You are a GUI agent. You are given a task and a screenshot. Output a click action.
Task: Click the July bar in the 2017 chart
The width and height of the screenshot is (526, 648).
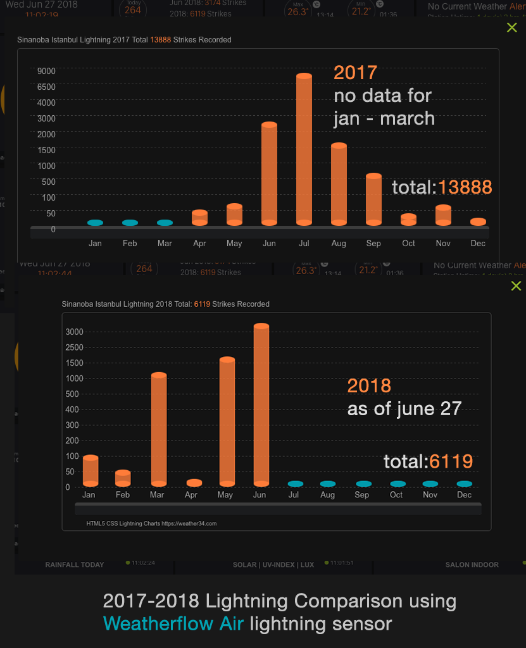click(x=304, y=149)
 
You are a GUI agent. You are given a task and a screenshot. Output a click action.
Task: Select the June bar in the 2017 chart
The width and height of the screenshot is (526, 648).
click(x=270, y=174)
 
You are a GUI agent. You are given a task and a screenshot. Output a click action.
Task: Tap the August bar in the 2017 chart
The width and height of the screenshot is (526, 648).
click(x=339, y=184)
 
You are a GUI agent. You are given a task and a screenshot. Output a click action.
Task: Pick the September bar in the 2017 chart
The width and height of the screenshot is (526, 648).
click(x=373, y=199)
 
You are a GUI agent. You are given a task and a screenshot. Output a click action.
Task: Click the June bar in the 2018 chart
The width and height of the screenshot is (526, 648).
click(x=261, y=405)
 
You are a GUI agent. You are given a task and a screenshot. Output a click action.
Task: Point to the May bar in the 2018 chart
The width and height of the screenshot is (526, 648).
click(x=227, y=421)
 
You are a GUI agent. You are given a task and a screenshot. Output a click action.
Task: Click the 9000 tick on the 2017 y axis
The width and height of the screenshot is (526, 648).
click(x=46, y=71)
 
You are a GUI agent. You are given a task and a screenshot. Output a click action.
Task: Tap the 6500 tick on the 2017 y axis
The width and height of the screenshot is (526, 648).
click(x=46, y=87)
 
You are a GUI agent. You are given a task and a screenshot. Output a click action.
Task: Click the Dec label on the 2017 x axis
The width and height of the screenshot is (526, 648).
click(x=478, y=244)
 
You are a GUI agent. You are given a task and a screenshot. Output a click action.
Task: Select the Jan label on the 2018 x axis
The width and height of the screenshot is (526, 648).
click(x=89, y=495)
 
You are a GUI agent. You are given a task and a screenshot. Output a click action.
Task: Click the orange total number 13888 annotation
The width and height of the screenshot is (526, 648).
click(x=465, y=187)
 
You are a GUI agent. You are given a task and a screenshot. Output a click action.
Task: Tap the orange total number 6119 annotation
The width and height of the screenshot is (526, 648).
click(x=451, y=461)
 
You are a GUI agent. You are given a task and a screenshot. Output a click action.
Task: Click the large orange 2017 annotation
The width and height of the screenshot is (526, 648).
click(x=355, y=73)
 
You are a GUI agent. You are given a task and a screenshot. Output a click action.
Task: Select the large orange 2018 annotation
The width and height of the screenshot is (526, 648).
click(x=369, y=386)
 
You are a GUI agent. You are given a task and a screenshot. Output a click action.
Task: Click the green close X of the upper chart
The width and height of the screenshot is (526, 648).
click(x=512, y=27)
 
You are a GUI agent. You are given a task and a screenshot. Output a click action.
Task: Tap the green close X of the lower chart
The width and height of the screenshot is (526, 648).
click(x=516, y=286)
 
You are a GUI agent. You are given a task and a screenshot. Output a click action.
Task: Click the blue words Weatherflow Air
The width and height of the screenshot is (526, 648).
click(x=173, y=624)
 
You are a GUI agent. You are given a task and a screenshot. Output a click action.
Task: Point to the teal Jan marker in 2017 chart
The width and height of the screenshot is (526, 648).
click(x=95, y=223)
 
